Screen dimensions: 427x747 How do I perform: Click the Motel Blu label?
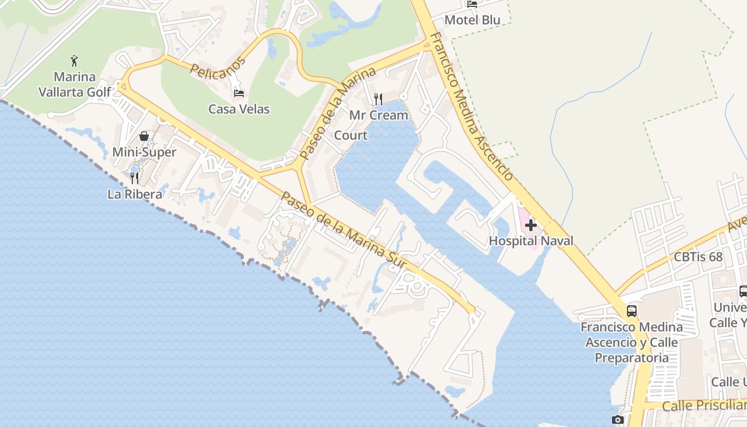pos(472,20)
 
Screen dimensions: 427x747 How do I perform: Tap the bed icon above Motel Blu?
pos(472,4)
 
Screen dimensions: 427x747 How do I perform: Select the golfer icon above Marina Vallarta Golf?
pos(74,60)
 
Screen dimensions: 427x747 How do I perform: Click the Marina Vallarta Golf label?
pos(75,84)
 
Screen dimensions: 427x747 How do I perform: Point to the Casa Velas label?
pos(239,109)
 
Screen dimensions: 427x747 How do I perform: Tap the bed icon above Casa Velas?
pos(239,93)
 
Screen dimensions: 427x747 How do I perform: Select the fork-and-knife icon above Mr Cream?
pos(378,99)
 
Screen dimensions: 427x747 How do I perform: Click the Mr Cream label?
pos(378,115)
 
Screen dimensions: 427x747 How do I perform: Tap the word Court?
pos(351,136)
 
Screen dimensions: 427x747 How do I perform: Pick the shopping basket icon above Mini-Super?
pos(144,136)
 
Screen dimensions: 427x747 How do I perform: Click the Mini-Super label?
pos(144,153)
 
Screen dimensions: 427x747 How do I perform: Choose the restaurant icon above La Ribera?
pos(134,178)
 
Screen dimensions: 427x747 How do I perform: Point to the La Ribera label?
pos(134,194)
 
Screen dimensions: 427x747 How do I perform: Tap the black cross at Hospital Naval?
pos(530,225)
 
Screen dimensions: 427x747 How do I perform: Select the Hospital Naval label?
pos(531,241)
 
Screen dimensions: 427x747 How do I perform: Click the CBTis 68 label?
pos(698,257)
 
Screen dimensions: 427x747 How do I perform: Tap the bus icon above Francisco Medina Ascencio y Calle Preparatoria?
pos(631,311)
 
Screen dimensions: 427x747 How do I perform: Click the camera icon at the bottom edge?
pos(617,420)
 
